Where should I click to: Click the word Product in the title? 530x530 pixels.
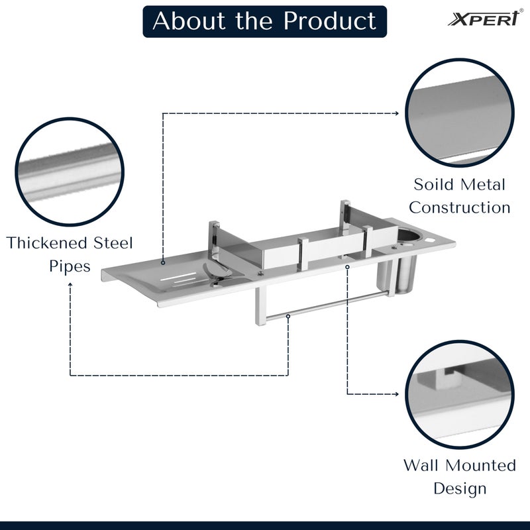(x=330, y=21)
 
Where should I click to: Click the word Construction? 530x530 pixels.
(x=459, y=207)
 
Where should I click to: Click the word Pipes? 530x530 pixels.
(x=70, y=266)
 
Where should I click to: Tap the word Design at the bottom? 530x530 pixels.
(x=460, y=489)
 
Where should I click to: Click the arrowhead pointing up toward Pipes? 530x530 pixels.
(x=70, y=284)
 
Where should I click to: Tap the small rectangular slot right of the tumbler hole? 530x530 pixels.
(x=436, y=237)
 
